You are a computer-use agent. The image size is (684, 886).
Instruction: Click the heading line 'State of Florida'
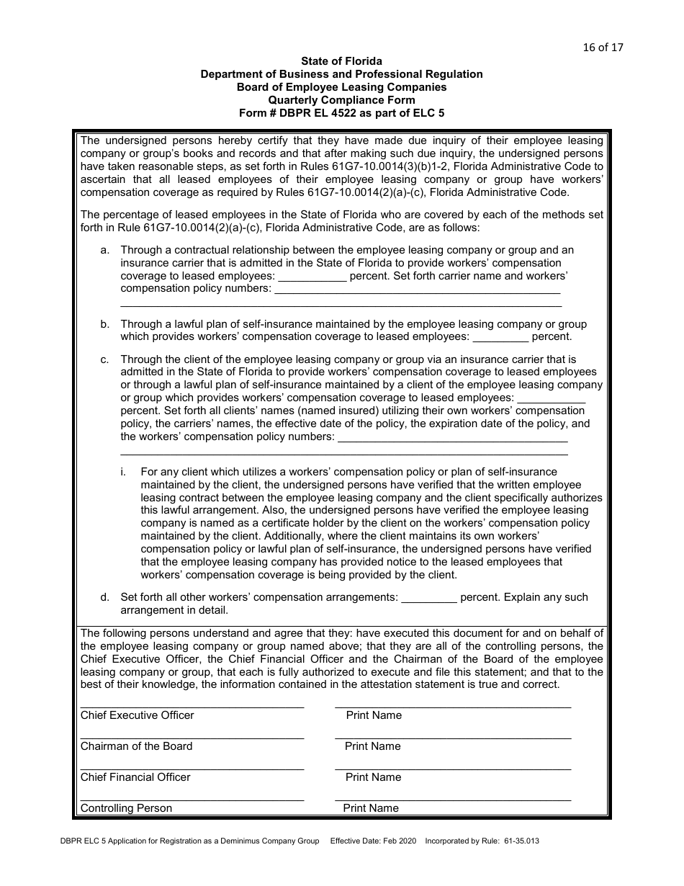tap(341, 61)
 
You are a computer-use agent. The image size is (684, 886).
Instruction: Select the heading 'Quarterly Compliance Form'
tap(341, 100)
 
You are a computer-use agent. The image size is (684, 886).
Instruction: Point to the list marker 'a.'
tap(105, 250)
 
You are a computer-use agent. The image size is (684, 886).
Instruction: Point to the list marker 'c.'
tap(105, 359)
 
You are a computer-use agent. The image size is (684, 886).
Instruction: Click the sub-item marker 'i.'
tap(123, 472)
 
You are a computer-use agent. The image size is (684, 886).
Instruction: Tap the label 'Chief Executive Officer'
tap(137, 715)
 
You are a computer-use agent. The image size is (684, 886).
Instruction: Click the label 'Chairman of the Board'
tap(136, 746)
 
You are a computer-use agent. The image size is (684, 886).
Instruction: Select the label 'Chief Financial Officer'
tap(135, 777)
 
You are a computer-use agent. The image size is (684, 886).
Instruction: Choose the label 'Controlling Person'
tap(126, 808)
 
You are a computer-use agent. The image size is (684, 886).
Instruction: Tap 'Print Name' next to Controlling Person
tap(371, 808)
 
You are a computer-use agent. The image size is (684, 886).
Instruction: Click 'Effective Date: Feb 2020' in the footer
tap(372, 841)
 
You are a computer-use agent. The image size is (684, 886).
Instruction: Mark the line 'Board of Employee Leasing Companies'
tap(341, 87)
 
